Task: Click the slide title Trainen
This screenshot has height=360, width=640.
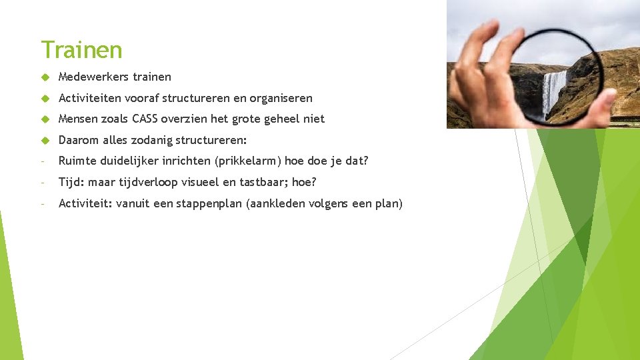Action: pos(81,50)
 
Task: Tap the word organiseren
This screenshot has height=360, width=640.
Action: pos(281,98)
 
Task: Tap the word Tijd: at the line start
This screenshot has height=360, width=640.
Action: pos(71,182)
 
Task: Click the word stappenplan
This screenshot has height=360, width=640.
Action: pos(208,203)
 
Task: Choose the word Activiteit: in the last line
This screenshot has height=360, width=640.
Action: pos(85,203)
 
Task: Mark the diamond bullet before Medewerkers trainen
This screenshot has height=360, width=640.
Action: pos(45,77)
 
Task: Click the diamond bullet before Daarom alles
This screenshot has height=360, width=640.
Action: pos(45,140)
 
